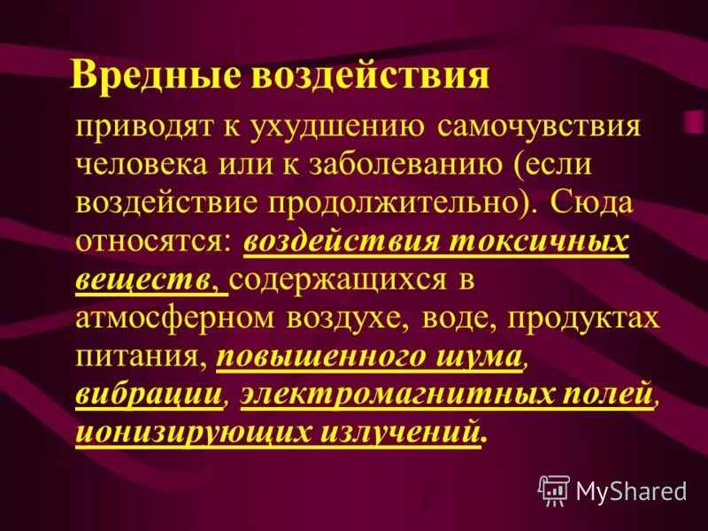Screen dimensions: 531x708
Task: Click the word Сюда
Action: click(x=591, y=203)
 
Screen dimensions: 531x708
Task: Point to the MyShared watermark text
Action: click(x=631, y=489)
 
